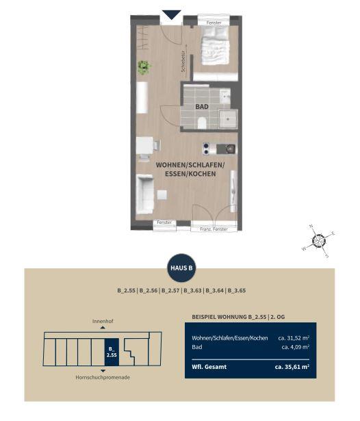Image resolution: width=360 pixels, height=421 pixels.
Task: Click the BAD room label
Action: [x=202, y=107]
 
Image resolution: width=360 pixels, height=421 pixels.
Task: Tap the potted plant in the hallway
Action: [x=143, y=67]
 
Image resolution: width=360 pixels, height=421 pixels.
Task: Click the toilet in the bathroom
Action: [x=202, y=123]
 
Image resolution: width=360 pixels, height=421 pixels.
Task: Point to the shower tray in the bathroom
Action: [x=228, y=118]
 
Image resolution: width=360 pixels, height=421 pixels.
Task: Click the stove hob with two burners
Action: [x=206, y=149]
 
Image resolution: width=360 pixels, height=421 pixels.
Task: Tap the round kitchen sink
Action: [x=230, y=149]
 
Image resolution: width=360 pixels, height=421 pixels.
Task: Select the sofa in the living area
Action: [x=144, y=194]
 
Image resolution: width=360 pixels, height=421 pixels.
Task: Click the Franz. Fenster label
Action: [x=214, y=229]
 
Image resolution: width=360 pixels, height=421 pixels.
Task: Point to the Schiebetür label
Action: [x=183, y=61]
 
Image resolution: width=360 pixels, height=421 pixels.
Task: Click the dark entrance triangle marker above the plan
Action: [x=172, y=14]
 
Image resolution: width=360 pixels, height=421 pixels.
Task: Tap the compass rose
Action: [x=319, y=240]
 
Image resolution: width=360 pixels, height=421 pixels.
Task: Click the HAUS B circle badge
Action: [x=181, y=268]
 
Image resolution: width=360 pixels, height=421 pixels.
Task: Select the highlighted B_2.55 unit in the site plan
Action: [x=112, y=352]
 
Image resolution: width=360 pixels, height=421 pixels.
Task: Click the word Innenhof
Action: [x=103, y=321]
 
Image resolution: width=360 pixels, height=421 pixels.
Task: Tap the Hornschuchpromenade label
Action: [x=103, y=377]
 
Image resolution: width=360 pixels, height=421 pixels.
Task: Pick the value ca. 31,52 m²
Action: [x=294, y=337]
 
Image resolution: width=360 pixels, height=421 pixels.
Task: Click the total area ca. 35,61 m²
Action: [x=292, y=366]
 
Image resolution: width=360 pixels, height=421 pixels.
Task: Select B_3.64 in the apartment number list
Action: [x=214, y=290]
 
